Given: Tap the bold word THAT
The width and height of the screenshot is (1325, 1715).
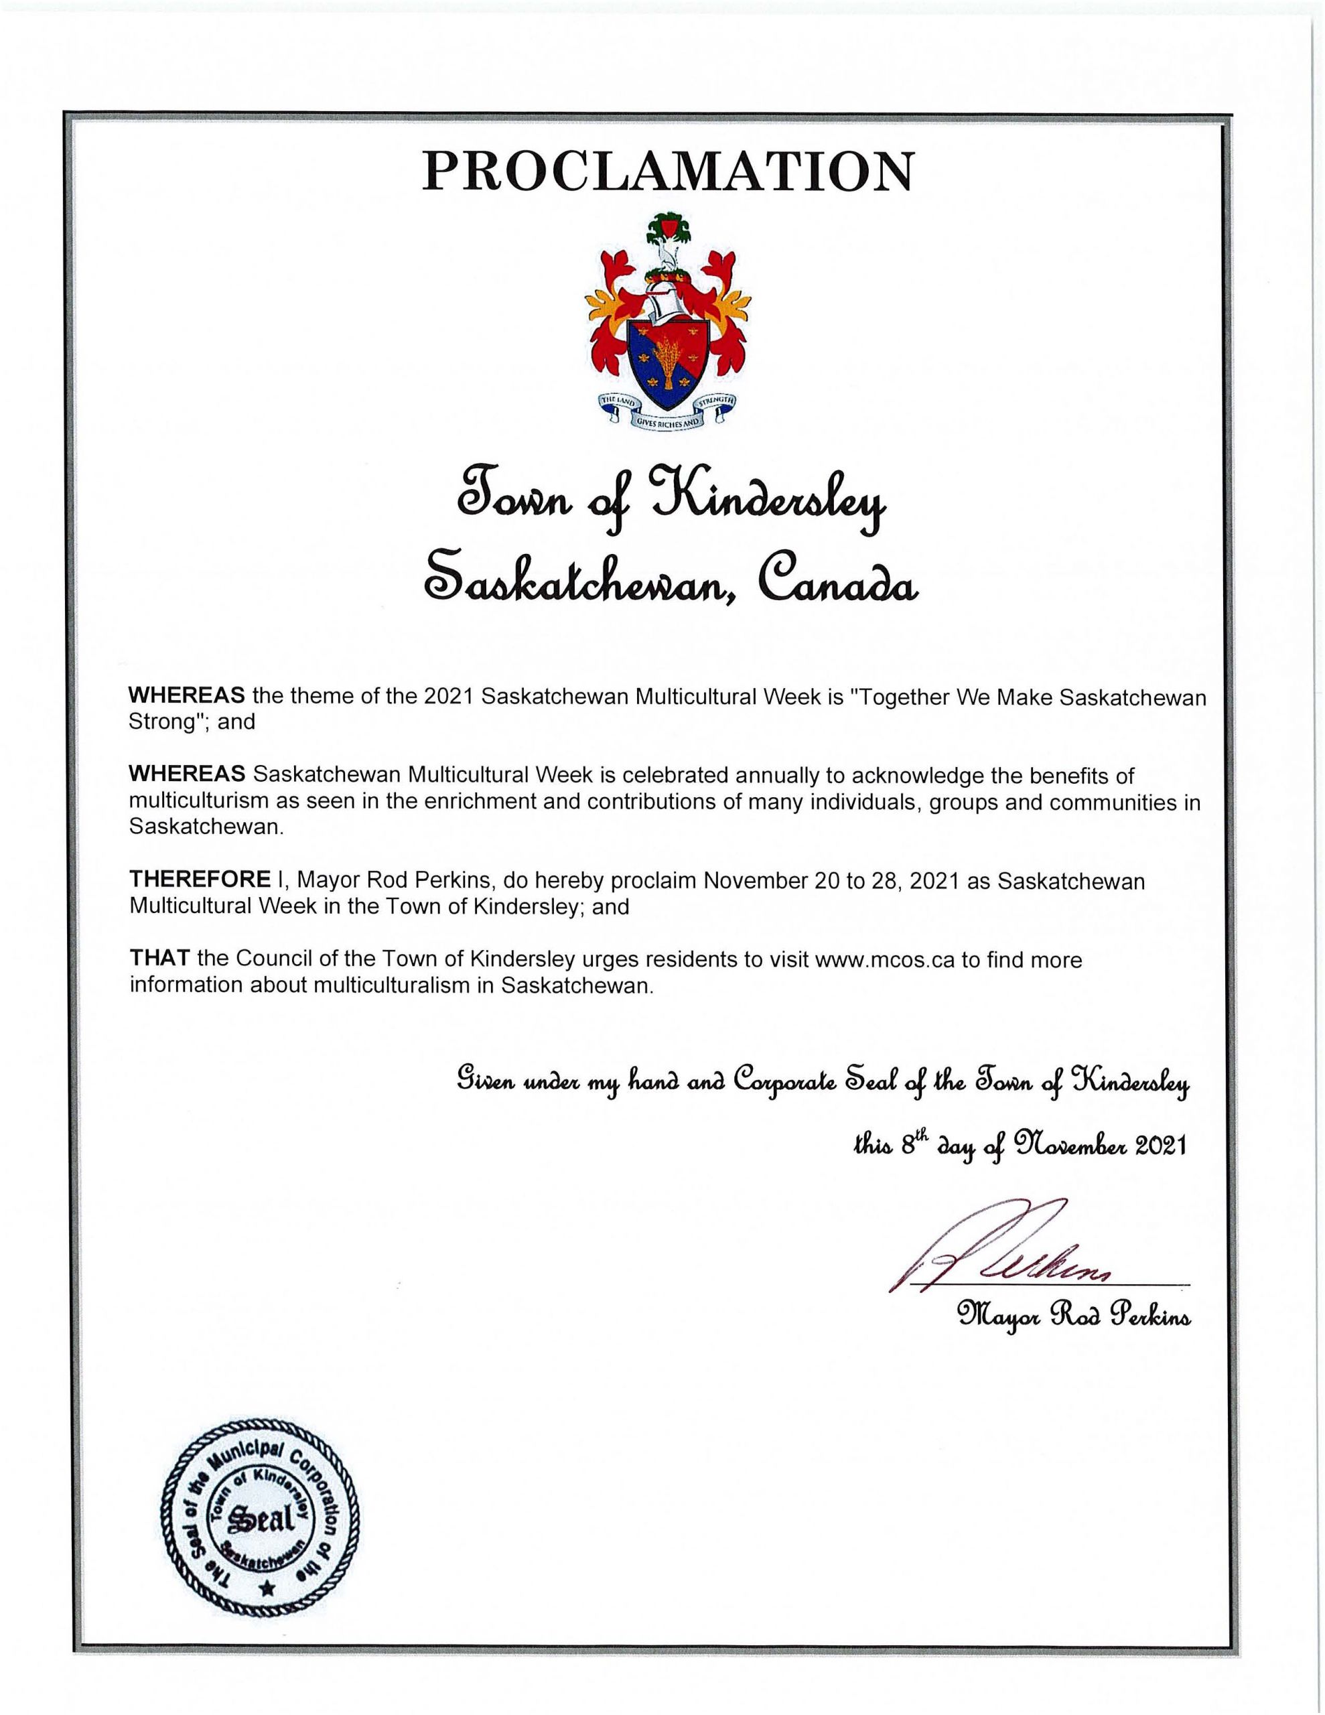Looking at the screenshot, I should (159, 959).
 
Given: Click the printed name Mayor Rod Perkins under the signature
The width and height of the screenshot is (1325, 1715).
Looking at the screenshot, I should (1073, 1313).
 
